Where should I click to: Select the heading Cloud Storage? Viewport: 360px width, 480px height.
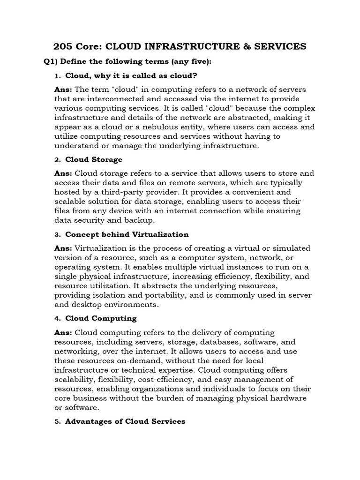click(94, 159)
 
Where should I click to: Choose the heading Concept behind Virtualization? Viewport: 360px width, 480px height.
click(127, 234)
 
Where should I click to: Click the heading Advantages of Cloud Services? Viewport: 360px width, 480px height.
click(125, 421)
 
